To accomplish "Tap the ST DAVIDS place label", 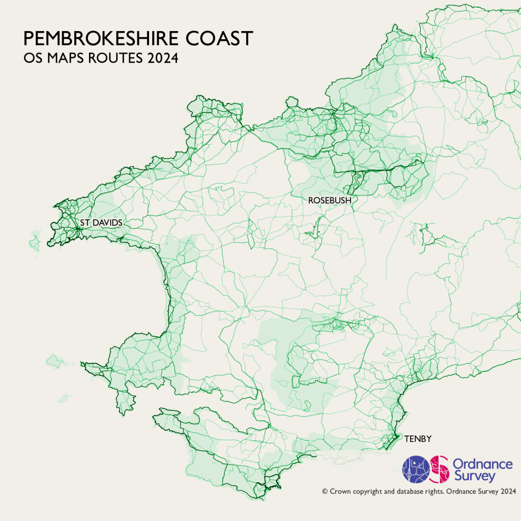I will click(101, 223).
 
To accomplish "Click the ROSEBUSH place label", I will click(330, 200).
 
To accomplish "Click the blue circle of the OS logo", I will click(416, 469).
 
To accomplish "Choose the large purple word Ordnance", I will click(482, 464).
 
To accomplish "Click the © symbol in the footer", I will click(325, 491).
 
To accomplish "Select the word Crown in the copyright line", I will click(340, 491).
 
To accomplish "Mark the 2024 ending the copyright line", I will click(508, 491).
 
